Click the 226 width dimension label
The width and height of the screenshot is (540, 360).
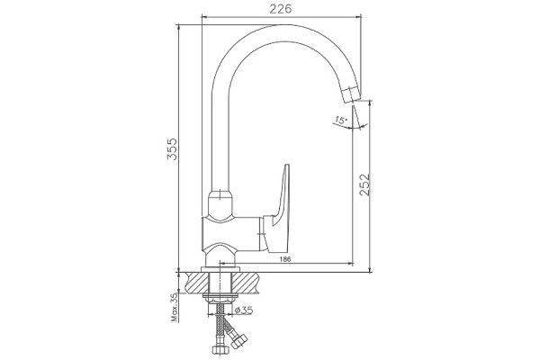click(280, 9)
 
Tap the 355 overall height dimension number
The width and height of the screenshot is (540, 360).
click(172, 148)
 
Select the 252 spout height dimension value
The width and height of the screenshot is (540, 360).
click(364, 184)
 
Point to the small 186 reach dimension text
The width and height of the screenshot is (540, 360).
click(285, 259)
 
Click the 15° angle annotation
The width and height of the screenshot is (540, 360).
click(341, 121)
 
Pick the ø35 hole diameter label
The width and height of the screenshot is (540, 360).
click(244, 310)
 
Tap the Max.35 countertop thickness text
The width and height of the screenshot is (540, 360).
click(175, 308)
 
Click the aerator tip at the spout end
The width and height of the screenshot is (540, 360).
click(351, 93)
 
